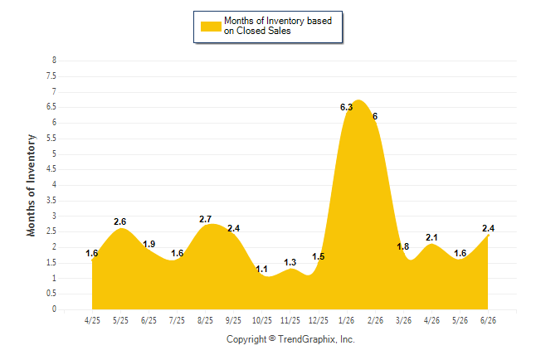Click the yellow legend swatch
[x=211, y=27]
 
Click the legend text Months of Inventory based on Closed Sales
[x=278, y=26]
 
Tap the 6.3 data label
[x=346, y=107]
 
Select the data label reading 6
[x=375, y=116]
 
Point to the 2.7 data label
[x=206, y=219]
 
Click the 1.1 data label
[x=261, y=269]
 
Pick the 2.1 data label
[x=431, y=237]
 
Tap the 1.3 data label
[x=290, y=262]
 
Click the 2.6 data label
[x=120, y=221]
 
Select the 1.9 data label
[x=149, y=244]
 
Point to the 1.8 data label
[x=403, y=246]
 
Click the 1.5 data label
[x=319, y=256]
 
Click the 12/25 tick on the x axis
[x=319, y=320]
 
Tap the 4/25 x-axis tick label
[x=92, y=320]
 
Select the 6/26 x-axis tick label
[x=488, y=320]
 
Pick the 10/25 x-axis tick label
[x=262, y=320]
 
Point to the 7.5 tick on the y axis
[x=51, y=75]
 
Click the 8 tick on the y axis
[x=54, y=61]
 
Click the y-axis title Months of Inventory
[x=31, y=185]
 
